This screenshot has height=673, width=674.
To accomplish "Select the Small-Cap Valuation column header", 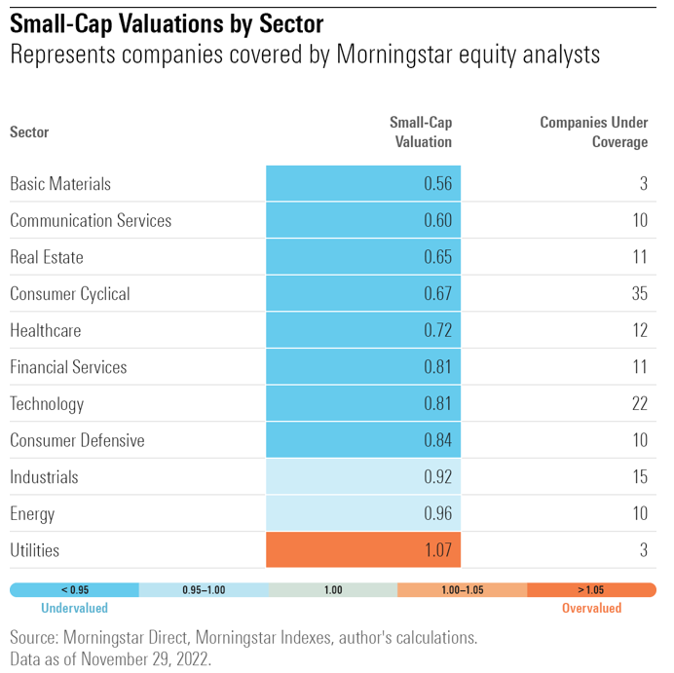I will click(x=422, y=131).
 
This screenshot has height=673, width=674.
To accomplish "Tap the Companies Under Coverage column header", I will click(x=594, y=131).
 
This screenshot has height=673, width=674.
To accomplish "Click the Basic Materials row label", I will click(x=60, y=184).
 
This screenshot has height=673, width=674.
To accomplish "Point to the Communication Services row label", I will click(x=91, y=221).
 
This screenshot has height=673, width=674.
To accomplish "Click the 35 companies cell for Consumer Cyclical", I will click(x=638, y=294).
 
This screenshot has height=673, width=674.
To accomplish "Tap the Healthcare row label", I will click(x=46, y=331).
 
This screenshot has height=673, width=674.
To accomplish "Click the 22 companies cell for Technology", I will click(x=638, y=404).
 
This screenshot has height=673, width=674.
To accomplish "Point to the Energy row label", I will click(x=32, y=514).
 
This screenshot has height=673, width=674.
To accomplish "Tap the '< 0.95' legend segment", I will click(x=74, y=589).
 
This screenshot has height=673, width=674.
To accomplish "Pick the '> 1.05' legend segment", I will click(x=591, y=589).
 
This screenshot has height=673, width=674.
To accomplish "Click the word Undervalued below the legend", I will click(x=74, y=608).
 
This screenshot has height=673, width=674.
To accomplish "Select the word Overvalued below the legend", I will click(x=591, y=608).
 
